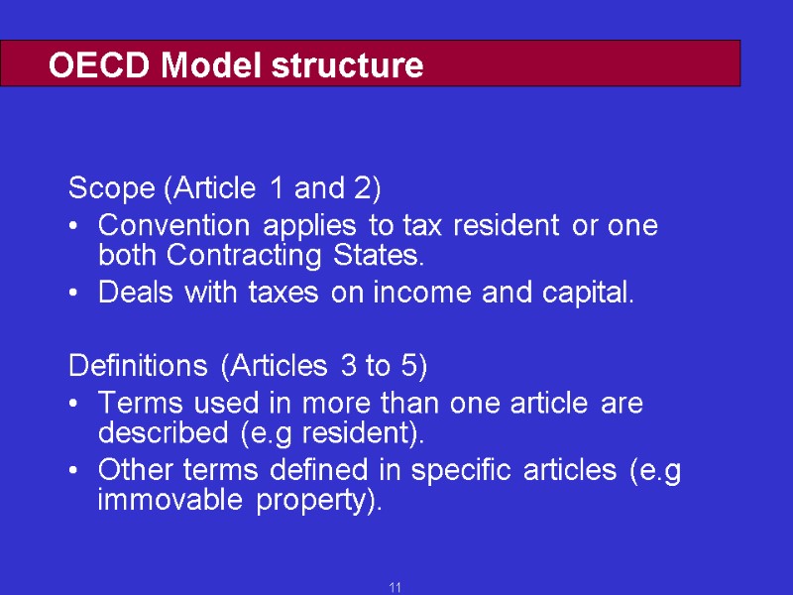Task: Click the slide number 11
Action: (x=396, y=588)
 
